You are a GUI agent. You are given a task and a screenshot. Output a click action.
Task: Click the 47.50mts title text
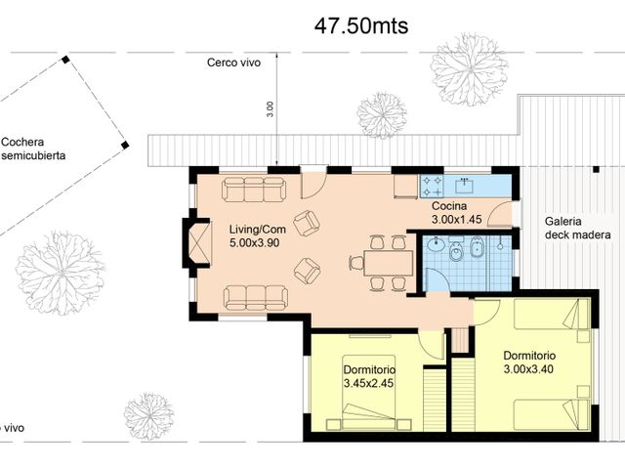pos(361,26)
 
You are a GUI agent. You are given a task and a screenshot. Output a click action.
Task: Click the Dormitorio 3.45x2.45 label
pos(369,377)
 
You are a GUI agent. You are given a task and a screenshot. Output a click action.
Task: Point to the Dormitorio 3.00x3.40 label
pos(529,362)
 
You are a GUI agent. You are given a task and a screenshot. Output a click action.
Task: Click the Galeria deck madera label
pos(577,228)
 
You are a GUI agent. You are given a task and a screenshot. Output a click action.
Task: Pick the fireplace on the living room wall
pos(197,243)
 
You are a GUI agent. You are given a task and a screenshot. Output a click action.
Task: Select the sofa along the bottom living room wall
pos(255,297)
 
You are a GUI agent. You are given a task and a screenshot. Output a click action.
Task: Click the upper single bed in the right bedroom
pos(552,314)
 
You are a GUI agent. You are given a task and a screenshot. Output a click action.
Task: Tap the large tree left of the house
pos(61,272)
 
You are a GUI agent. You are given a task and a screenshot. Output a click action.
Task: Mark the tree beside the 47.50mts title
pos(469,68)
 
